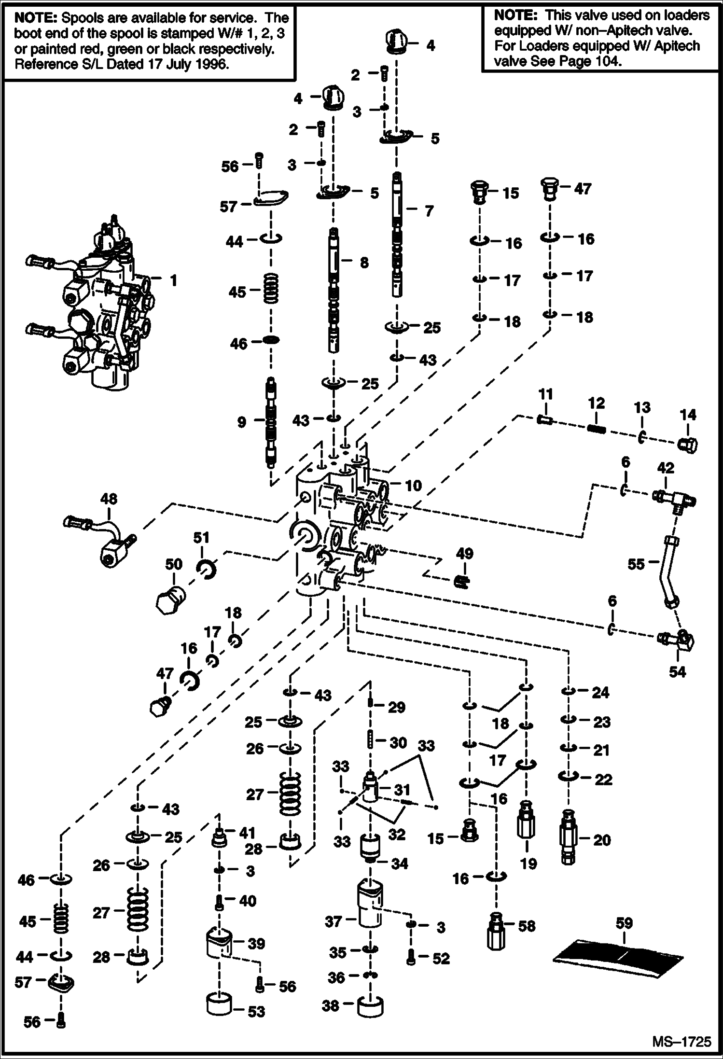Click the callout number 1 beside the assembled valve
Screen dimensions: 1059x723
(173, 280)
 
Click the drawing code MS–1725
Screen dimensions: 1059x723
(681, 1042)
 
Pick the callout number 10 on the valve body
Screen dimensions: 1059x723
(413, 486)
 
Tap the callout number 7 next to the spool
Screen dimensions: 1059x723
(429, 211)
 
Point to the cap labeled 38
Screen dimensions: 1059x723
(370, 1007)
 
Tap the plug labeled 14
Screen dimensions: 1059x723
(687, 445)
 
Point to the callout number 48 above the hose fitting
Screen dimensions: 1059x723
(109, 499)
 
